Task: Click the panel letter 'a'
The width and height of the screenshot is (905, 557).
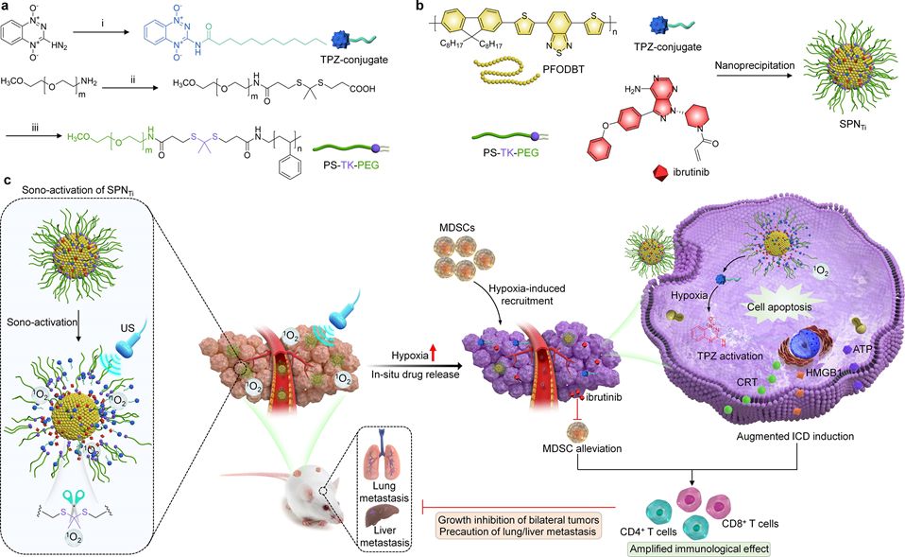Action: (x=6, y=7)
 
